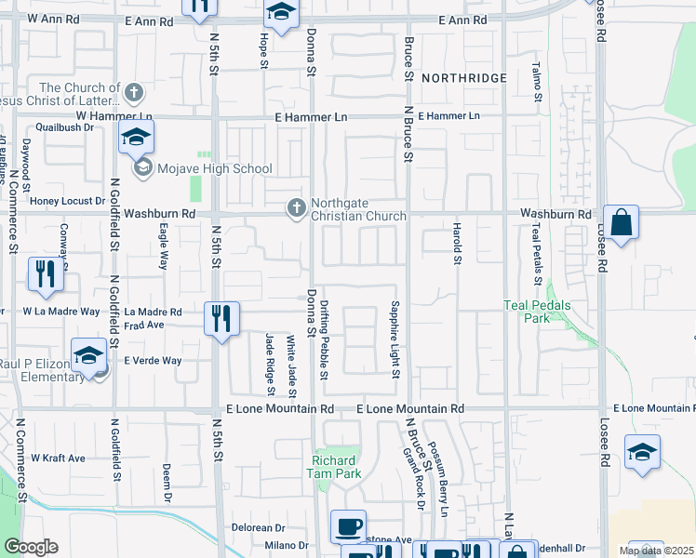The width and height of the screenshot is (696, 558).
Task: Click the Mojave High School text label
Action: (214, 169)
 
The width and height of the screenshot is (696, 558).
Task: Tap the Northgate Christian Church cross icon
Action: (297, 207)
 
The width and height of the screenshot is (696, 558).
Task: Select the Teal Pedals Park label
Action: (536, 311)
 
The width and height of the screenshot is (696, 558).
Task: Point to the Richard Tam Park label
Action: (334, 466)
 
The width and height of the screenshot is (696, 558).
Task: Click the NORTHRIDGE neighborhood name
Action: (463, 78)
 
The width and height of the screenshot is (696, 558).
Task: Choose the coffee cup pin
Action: (348, 527)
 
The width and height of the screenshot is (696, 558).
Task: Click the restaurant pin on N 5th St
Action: (221, 320)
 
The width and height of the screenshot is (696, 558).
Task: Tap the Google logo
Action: (31, 547)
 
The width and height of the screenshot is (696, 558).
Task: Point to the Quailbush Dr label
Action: (65, 127)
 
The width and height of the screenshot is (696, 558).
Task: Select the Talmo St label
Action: (537, 81)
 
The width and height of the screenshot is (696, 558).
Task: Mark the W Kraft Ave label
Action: (58, 458)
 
